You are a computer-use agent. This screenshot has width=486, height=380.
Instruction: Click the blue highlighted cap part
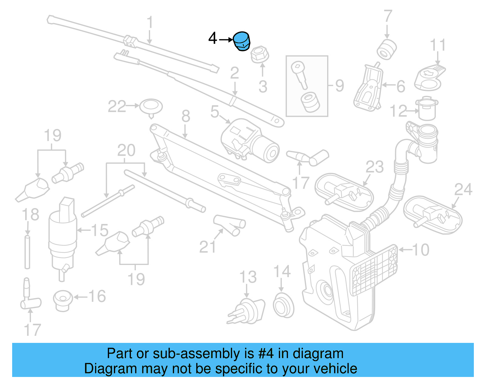tap(241, 41)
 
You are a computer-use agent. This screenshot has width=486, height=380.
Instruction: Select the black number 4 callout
tap(213, 39)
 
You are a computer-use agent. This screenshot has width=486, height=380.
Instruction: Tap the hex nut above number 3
tap(260, 54)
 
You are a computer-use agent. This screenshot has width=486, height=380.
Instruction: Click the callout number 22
tap(117, 106)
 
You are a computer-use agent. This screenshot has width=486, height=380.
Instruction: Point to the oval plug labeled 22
tap(151, 107)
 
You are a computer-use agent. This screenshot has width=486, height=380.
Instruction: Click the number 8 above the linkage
tap(186, 116)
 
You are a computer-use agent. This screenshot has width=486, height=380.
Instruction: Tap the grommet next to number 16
tap(63, 300)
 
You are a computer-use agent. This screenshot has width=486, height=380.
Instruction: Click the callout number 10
tap(421, 250)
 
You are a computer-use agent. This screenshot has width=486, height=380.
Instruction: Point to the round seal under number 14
tap(283, 305)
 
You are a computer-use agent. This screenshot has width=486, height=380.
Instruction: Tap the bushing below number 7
tap(387, 49)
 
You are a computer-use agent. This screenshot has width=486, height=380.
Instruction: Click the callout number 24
tap(463, 190)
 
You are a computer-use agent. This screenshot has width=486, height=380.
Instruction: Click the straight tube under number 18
tap(27, 252)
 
